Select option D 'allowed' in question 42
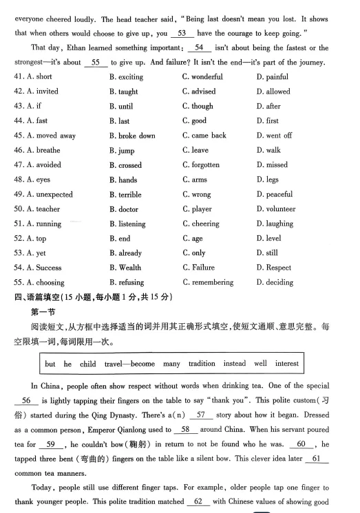(277, 91)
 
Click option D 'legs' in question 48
(271, 180)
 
